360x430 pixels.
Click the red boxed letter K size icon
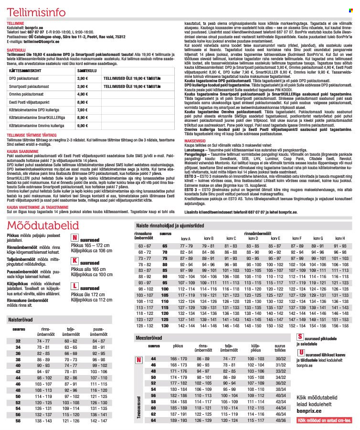[74, 261]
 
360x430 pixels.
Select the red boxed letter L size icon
[74, 286]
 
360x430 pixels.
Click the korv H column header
[340, 238]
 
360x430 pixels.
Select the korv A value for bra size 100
[186, 289]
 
